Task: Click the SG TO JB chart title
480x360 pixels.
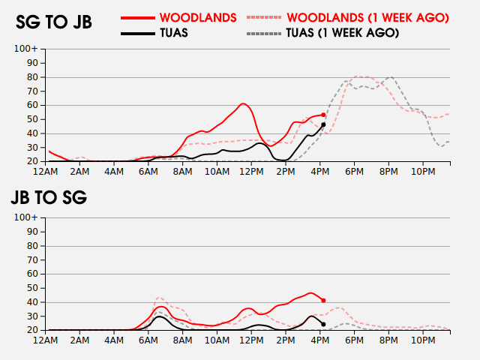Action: [x=54, y=22]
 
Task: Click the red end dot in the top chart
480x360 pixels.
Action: [x=323, y=115]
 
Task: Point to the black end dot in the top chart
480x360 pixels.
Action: [x=323, y=124]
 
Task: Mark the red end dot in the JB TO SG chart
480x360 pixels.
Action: [x=323, y=300]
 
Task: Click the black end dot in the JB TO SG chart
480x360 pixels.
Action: [x=323, y=324]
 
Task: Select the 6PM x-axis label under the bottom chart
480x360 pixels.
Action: [x=355, y=340]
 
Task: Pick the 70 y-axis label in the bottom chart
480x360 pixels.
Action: [x=32, y=259]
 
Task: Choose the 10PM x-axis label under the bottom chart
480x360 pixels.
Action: [x=423, y=340]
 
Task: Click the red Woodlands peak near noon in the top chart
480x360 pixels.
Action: [x=243, y=103]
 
